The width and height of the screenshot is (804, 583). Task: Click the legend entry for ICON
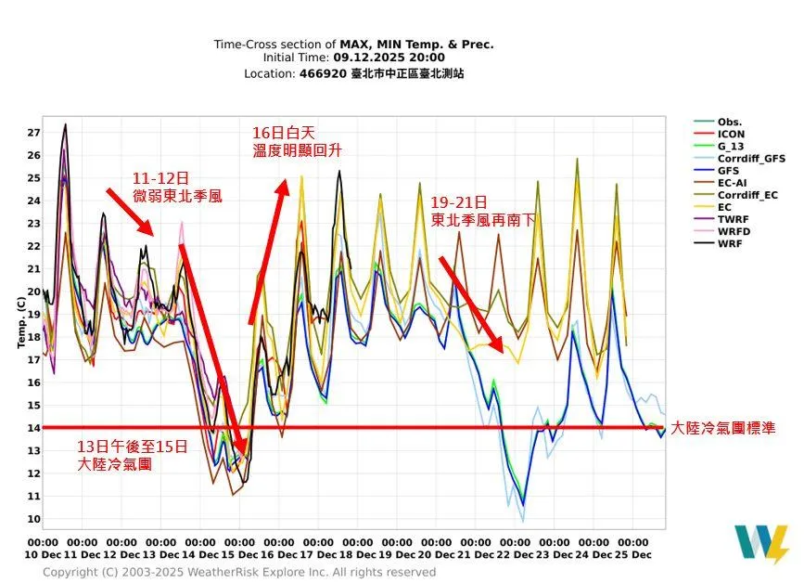pos(731,135)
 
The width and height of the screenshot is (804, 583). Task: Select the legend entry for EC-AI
pos(733,183)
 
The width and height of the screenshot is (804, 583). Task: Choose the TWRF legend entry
pos(733,219)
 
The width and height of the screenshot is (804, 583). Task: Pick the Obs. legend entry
pos(730,123)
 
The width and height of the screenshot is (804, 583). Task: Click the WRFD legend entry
pos(734,231)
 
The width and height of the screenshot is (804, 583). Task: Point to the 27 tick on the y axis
pos(33,132)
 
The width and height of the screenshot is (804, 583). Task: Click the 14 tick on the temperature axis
pos(33,428)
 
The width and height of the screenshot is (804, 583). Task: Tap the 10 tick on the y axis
pos(33,519)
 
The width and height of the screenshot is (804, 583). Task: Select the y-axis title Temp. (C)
pos(20,322)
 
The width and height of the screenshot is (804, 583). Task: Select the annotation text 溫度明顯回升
pos(296,149)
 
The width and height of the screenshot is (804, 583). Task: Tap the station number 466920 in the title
pos(323,72)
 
